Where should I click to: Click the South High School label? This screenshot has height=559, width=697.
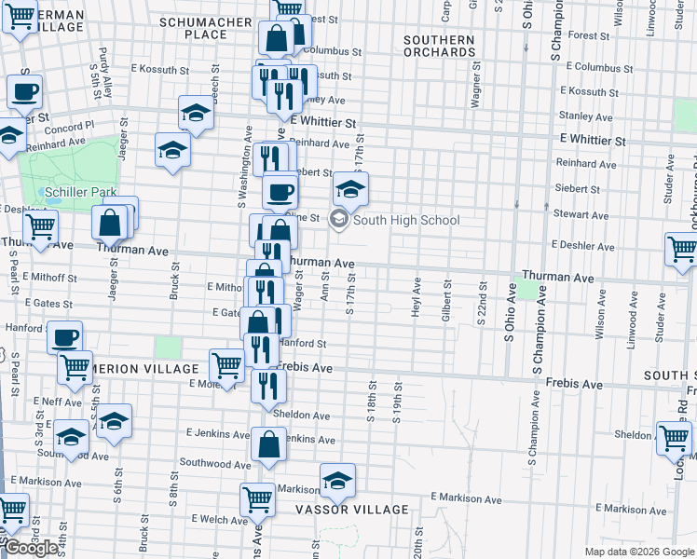(406, 220)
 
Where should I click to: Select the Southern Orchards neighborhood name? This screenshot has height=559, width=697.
(440, 46)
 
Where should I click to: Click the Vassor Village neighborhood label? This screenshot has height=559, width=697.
(352, 510)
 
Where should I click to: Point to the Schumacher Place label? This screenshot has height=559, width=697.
(206, 28)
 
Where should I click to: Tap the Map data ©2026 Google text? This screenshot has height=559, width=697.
(639, 552)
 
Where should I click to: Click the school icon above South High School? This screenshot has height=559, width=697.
(350, 190)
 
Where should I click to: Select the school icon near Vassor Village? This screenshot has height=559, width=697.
(337, 481)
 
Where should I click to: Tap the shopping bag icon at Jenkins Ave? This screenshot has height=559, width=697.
(268, 445)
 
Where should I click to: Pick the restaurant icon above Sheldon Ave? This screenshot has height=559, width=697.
(267, 385)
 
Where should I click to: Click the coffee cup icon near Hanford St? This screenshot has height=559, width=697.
(64, 336)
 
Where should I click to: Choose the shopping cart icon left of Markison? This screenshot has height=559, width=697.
(257, 498)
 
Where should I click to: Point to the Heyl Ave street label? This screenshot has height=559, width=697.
(415, 296)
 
